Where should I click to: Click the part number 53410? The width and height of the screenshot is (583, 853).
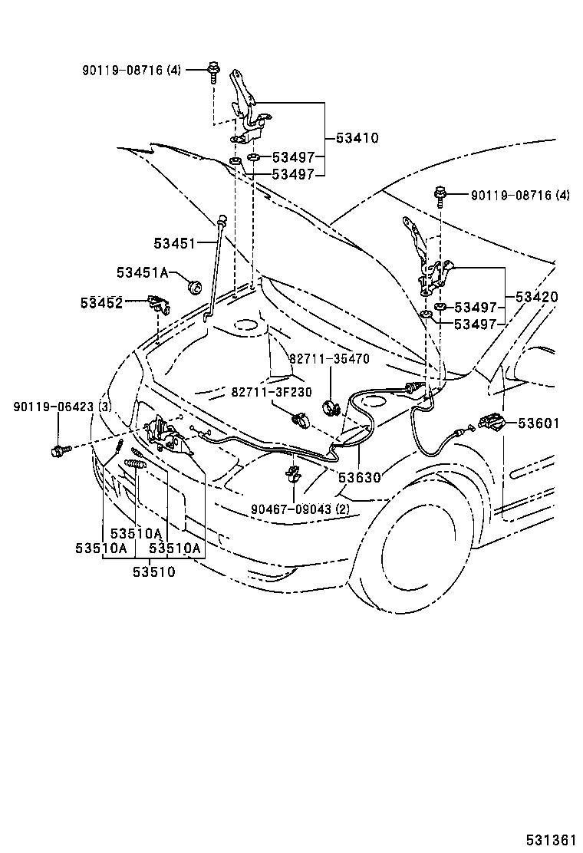point(357,139)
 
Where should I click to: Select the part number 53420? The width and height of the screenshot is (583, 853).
point(537,297)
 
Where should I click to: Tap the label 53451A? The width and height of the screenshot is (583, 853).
point(142,272)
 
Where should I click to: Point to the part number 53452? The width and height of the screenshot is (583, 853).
point(101,303)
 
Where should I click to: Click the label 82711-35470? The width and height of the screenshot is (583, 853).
point(329,358)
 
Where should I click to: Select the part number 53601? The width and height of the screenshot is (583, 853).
point(539,423)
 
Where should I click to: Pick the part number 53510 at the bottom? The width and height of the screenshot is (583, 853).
point(153,571)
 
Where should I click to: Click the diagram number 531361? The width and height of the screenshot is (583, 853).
point(550,839)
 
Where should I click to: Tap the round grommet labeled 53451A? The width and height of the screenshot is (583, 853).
point(194,288)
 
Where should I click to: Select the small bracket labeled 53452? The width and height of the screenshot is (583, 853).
point(159,304)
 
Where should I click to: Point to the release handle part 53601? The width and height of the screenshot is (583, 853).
point(491,422)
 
